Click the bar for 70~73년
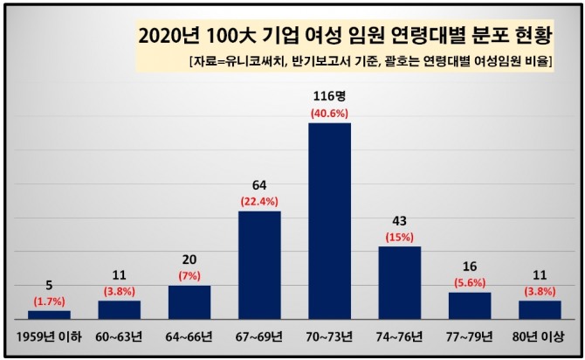[x=329, y=223]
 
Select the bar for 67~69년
[x=259, y=267]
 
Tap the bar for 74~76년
[x=399, y=284]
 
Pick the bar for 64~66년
[x=189, y=304]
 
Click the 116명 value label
[x=330, y=95]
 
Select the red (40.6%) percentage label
[x=330, y=113]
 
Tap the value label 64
[x=259, y=184]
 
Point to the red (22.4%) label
[x=259, y=202]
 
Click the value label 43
[x=399, y=219]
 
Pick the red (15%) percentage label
[x=399, y=237]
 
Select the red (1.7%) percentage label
[x=49, y=301]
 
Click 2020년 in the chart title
[x=169, y=38]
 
